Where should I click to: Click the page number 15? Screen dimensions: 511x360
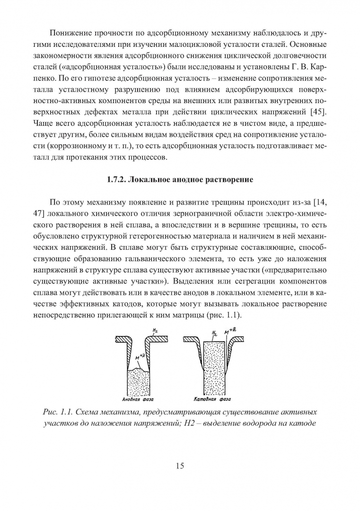click(180, 466)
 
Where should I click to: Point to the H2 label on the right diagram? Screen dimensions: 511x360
click(214, 333)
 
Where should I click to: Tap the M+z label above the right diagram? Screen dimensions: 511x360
click(228, 332)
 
